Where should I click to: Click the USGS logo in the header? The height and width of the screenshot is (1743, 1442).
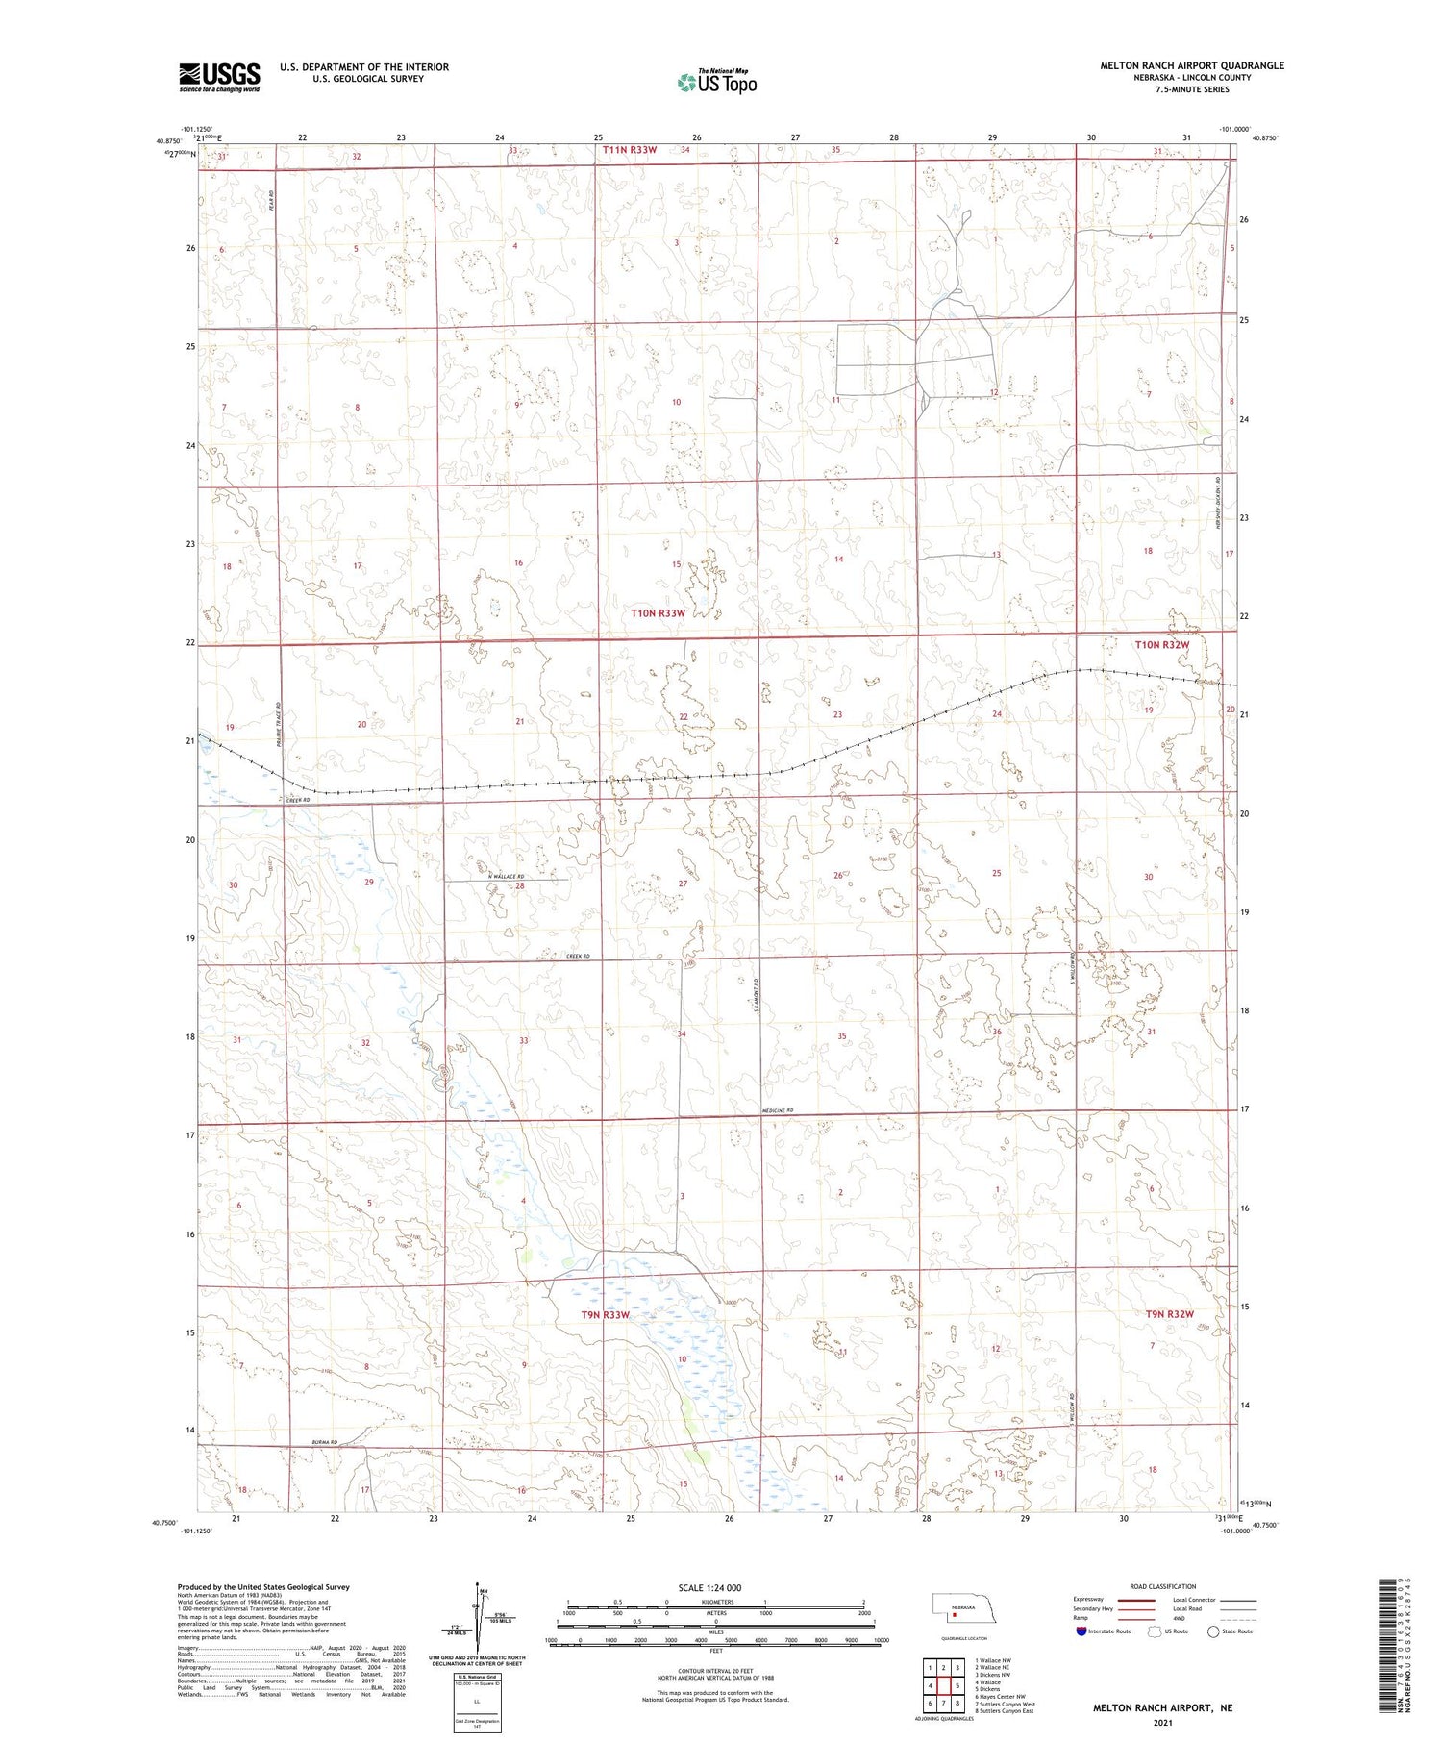click(x=219, y=77)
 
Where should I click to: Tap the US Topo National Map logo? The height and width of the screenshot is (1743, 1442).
click(x=717, y=83)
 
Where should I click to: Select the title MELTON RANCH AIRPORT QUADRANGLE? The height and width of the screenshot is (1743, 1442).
click(x=1192, y=65)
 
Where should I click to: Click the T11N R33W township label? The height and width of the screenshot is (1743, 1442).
click(x=630, y=150)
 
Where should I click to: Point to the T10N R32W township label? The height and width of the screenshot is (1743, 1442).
click(x=1161, y=645)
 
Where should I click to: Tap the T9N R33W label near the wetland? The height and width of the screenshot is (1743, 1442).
click(x=606, y=1314)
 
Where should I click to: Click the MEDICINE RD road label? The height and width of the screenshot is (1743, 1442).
click(x=776, y=1111)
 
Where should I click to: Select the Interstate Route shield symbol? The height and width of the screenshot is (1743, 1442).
click(x=1081, y=1631)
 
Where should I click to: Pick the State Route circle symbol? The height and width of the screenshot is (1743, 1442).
click(x=1213, y=1631)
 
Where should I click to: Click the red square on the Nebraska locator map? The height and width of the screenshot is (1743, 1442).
click(x=955, y=1615)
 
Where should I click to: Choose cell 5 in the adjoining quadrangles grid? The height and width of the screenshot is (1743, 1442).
click(x=957, y=1685)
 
